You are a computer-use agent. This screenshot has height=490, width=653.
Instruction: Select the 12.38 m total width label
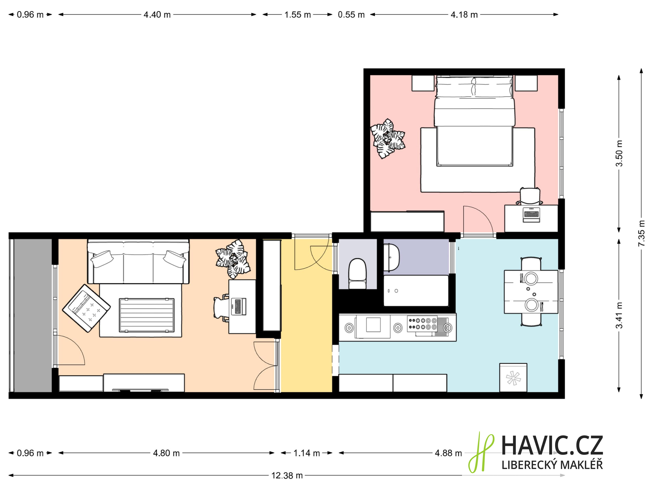tap(287, 476)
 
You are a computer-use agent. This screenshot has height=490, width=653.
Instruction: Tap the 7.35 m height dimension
tap(641, 233)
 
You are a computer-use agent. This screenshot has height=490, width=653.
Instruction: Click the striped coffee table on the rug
tap(147, 315)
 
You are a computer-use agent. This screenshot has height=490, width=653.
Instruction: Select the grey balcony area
tap(33, 315)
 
